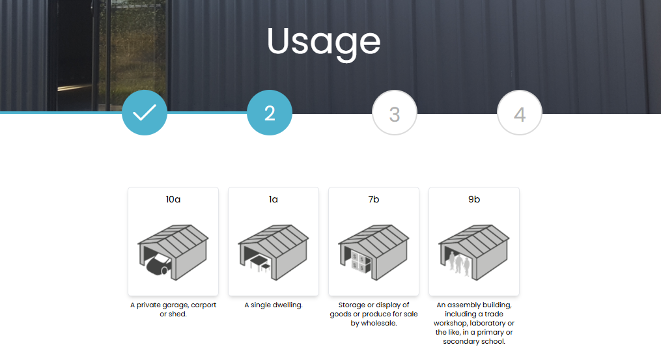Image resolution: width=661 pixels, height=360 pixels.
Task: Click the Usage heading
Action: click(324, 43)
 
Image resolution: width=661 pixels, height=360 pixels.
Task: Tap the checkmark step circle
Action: click(145, 113)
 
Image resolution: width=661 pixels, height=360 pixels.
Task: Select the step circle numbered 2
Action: click(270, 113)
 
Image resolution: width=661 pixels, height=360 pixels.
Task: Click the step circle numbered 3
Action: click(395, 113)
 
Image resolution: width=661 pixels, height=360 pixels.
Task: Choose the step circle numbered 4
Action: click(520, 113)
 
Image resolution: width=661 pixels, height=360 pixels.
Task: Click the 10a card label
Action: click(173, 199)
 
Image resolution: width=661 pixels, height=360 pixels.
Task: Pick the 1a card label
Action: click(273, 199)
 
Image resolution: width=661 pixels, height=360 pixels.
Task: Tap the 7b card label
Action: click(374, 199)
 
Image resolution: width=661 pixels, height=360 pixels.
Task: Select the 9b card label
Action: click(474, 199)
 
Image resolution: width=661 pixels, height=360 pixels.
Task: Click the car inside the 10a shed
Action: click(158, 264)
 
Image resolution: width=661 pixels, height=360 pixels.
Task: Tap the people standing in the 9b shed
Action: click(459, 263)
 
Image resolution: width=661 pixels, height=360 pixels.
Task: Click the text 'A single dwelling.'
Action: click(273, 305)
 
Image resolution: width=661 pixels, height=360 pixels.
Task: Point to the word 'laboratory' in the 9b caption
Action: click(487, 324)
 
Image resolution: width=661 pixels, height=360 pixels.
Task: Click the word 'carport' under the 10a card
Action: click(204, 305)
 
